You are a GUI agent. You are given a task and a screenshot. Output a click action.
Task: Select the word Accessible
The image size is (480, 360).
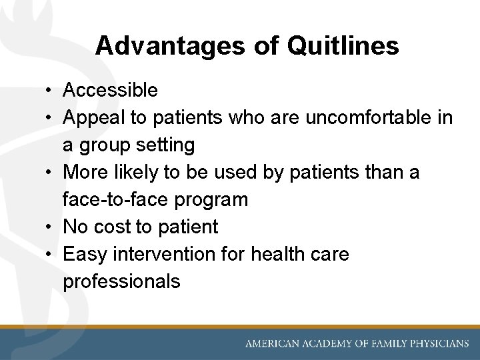click(x=110, y=90)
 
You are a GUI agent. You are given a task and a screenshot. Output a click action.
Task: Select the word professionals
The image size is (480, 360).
click(x=121, y=281)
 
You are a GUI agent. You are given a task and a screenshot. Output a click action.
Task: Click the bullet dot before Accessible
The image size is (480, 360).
click(x=51, y=90)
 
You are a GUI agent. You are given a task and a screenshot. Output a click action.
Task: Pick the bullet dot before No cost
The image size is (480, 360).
click(x=51, y=227)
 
